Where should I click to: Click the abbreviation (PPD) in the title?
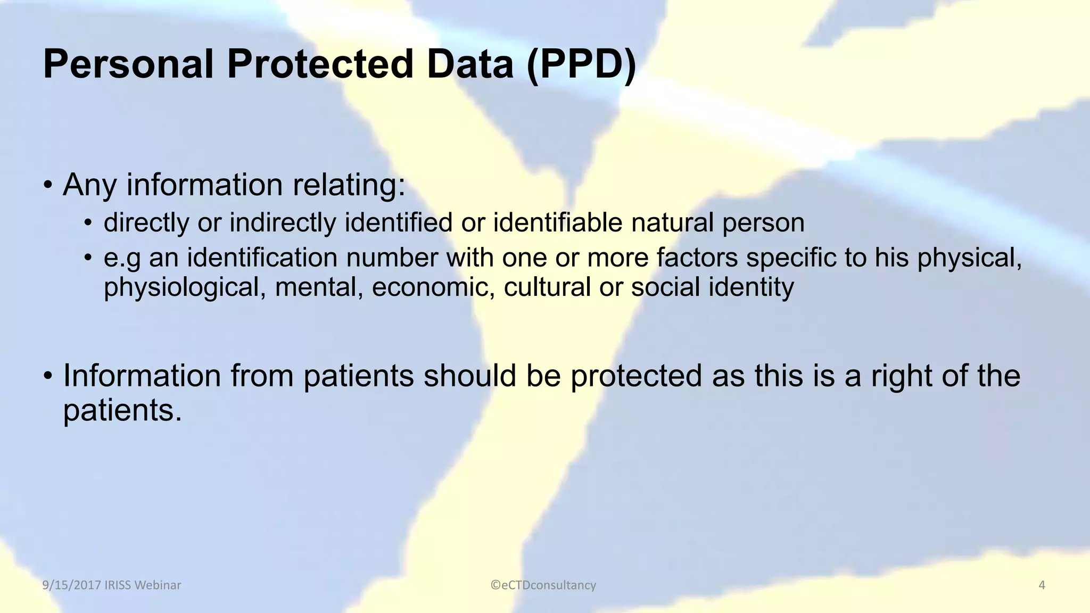pos(581,65)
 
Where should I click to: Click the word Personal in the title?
pos(128,65)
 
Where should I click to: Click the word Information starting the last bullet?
pos(142,376)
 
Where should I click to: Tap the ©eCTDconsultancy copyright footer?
pos(543,585)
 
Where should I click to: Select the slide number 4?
pos(1042,585)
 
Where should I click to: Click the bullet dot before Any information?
pos(48,186)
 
